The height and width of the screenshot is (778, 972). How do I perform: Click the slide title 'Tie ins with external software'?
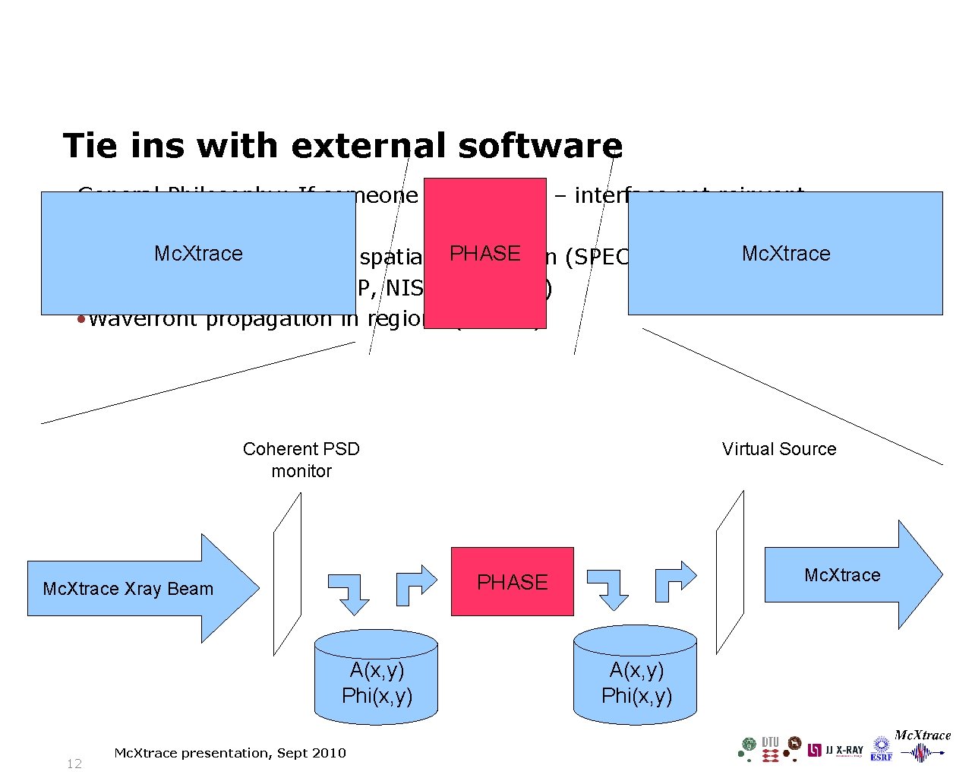(342, 146)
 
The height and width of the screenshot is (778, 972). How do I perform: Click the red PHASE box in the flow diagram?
(513, 581)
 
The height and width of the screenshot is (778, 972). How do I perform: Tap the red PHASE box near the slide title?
(484, 253)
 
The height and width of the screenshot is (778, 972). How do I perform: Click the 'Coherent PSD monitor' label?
(301, 460)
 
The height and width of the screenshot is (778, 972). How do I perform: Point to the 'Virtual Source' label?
(778, 449)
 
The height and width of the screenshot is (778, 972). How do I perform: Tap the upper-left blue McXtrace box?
(198, 253)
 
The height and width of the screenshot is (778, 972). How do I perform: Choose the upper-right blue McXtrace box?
(785, 253)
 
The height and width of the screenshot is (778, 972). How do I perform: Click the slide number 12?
(74, 764)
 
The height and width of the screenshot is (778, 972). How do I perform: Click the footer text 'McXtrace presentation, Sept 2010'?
(229, 753)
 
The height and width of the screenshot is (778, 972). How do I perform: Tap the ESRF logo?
(881, 748)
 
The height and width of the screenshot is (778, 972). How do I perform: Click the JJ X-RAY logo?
(835, 750)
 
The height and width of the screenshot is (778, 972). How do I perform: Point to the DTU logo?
(770, 748)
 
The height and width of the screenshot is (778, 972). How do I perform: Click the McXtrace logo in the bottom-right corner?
(923, 745)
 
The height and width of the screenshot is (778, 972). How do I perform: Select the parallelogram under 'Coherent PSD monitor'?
(287, 574)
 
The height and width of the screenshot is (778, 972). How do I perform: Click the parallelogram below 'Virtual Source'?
(730, 571)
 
